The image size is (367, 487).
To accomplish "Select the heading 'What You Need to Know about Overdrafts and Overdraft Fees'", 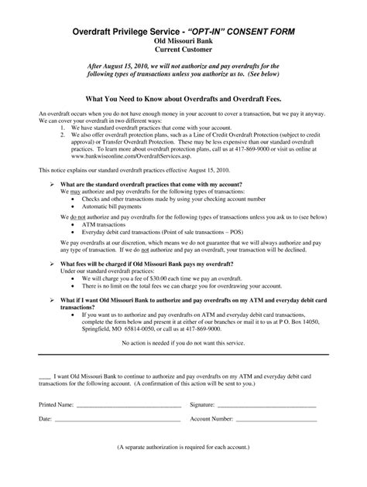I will click(183, 100).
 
